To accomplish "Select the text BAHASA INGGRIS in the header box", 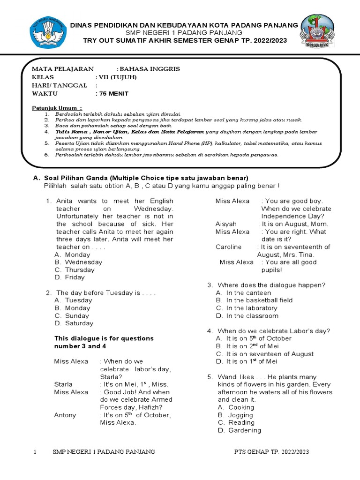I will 150,69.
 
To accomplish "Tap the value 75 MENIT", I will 112,93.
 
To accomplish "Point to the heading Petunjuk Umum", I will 57,108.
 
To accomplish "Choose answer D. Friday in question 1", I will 70,277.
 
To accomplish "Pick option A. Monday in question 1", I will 73,255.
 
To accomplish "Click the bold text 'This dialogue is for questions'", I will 104,338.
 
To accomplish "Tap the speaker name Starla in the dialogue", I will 63,384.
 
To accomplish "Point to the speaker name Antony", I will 65,415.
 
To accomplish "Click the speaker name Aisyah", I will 226,224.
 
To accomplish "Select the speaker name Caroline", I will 228,247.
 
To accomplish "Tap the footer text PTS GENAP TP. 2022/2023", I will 271,452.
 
